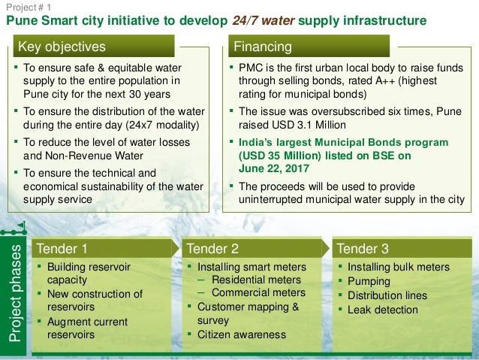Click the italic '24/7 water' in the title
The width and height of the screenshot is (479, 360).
259,21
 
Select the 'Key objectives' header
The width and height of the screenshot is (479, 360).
62,47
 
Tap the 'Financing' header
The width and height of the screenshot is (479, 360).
263,47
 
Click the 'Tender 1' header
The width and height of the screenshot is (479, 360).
62,249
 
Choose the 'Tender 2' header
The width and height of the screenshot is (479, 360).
212,249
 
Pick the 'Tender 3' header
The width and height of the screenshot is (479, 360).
363,249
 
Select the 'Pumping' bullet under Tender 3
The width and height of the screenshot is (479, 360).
369,281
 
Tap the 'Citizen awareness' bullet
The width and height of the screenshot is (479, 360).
241,334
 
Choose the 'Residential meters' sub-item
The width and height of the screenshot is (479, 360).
256,280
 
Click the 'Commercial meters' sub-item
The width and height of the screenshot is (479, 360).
258,293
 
